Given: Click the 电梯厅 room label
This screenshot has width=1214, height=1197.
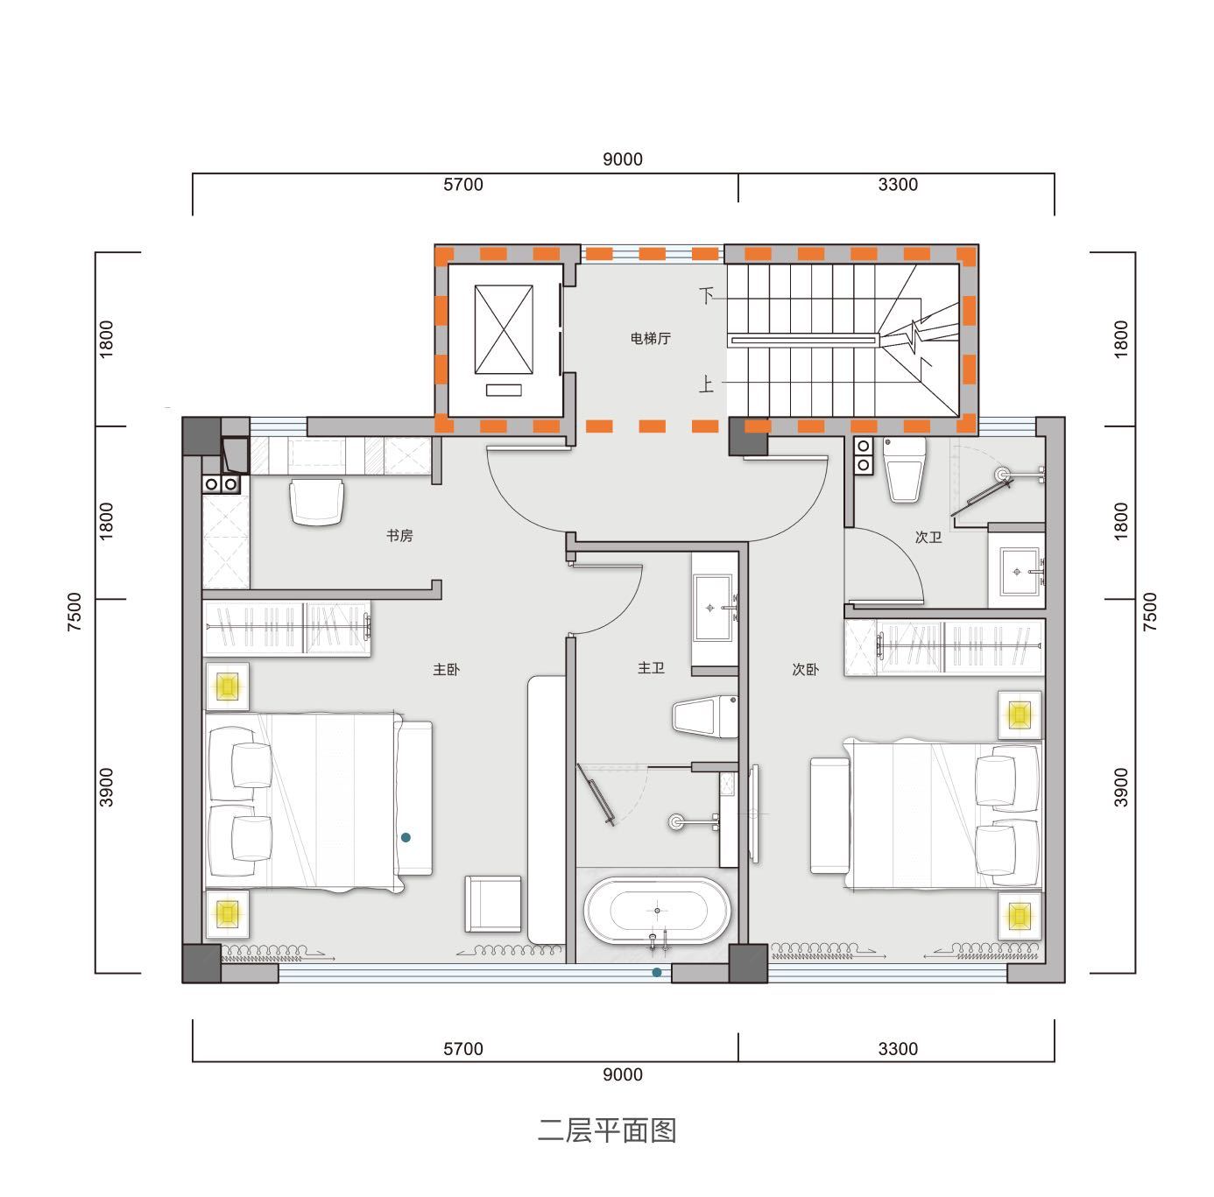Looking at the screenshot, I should click(650, 338).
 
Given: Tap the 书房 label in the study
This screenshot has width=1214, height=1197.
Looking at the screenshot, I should click(399, 535).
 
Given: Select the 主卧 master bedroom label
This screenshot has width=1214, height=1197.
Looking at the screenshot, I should click(446, 670).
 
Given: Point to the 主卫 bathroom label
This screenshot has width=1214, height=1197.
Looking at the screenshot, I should click(651, 668).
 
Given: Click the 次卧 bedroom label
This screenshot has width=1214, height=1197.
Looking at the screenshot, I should click(805, 670).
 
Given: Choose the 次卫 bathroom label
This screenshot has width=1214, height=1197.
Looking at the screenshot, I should click(928, 538).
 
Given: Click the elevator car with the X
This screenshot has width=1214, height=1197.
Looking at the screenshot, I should click(504, 329).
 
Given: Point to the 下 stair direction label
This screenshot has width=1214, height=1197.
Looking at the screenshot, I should click(707, 295).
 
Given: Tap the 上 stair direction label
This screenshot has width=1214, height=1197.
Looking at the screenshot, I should click(707, 384).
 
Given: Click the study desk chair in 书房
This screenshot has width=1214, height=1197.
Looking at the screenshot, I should click(316, 502).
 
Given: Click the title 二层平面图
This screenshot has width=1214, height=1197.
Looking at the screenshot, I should click(607, 1130).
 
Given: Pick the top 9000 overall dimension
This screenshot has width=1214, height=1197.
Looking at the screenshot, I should click(623, 159).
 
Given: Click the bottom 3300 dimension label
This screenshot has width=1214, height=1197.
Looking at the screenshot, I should click(898, 1048).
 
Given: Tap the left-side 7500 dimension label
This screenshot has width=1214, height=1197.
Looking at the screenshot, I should click(74, 611).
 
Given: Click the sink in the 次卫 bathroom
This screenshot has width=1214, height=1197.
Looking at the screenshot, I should click(1017, 571).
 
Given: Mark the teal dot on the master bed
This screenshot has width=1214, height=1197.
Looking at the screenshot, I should click(406, 837).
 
